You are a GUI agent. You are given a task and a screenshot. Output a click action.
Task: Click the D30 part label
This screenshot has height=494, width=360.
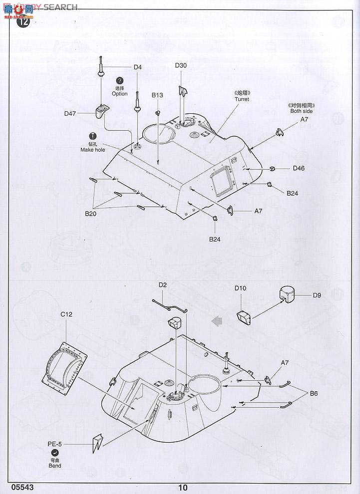tap(181, 66)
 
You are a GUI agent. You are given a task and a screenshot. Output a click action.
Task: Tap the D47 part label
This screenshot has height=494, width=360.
tap(70, 113)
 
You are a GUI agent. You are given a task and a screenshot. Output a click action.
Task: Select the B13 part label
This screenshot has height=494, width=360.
tap(157, 95)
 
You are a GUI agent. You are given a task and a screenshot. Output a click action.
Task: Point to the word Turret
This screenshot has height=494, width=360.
tap(242, 99)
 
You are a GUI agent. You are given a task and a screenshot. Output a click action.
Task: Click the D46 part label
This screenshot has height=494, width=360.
tap(299, 168)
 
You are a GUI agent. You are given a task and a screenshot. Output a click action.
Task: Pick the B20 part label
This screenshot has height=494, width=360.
tap(90, 214)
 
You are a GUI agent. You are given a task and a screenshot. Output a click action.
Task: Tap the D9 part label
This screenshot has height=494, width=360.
tap(317, 295)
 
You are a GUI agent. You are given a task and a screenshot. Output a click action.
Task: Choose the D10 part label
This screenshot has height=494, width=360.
tap(240, 288)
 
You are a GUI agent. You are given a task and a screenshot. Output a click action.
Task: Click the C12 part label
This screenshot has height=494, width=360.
tap(67, 314)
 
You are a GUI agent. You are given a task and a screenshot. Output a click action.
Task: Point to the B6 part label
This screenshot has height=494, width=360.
tap(314, 393)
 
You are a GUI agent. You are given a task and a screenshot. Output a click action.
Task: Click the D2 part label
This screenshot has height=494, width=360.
tap(163, 285)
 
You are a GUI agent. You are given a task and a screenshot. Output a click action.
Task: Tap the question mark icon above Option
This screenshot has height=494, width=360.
tap(120, 81)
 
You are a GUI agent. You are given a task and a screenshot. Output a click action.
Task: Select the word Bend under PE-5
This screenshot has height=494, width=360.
tap(55, 466)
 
